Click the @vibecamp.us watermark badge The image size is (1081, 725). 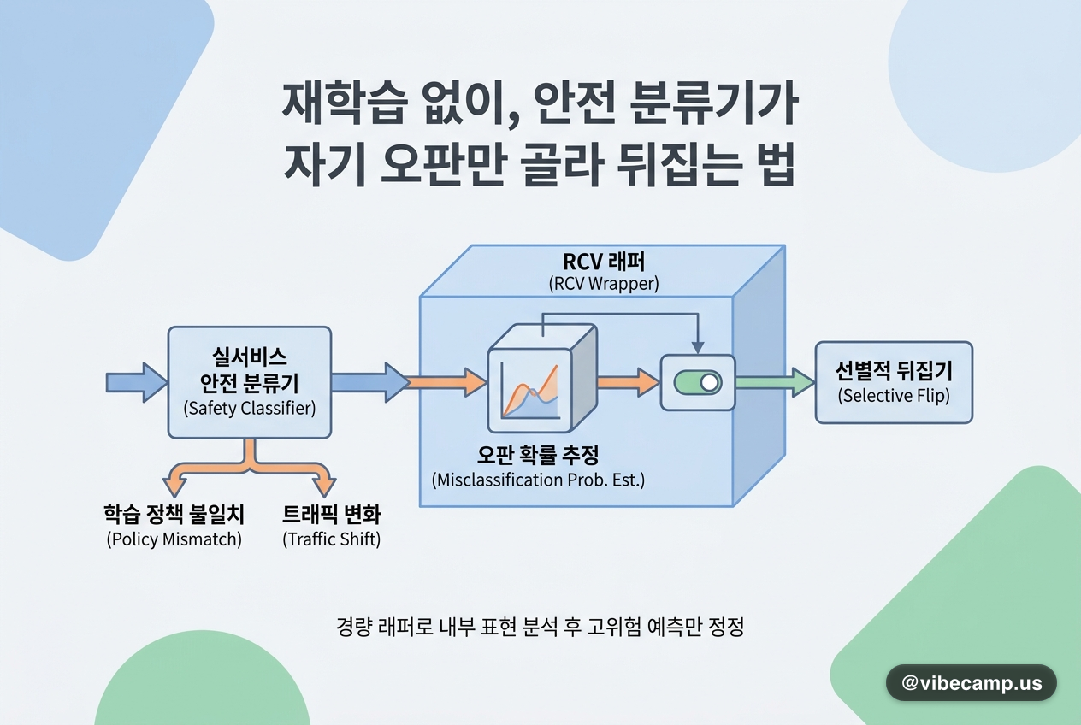point(971,682)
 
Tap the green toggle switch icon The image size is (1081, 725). point(698,383)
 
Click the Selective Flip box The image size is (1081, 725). point(894,382)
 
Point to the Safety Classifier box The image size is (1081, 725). point(250,382)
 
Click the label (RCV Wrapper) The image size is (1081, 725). point(603,284)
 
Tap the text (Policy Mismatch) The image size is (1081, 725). point(174,539)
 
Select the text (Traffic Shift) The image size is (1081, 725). point(331,539)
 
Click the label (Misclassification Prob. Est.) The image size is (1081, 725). point(538,480)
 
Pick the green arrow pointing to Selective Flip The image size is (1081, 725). point(775,382)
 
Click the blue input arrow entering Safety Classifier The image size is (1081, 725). point(137,382)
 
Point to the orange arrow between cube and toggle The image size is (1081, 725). point(629,382)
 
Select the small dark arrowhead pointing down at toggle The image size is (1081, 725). point(698,348)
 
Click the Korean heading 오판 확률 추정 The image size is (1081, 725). point(538,454)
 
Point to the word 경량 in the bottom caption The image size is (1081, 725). point(354,627)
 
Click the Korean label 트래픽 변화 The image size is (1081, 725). point(331,514)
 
